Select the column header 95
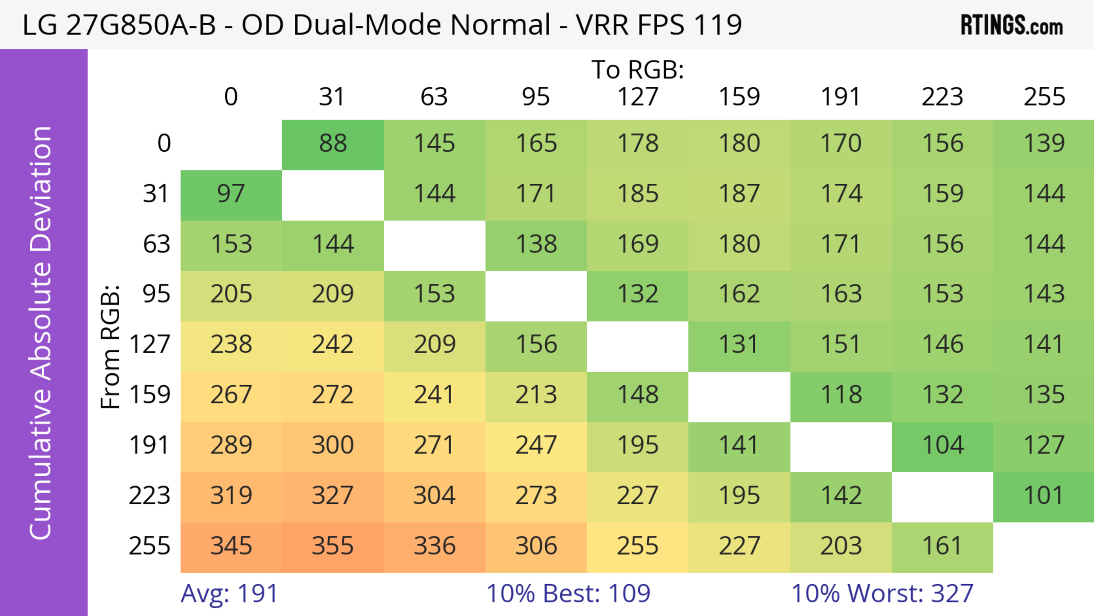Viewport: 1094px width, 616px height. point(536,97)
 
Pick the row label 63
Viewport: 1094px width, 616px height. point(156,245)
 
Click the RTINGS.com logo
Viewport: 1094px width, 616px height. point(1012,25)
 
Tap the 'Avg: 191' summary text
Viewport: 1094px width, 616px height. point(229,593)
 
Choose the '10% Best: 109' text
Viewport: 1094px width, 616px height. point(568,593)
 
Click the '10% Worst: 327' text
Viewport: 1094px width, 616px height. point(882,593)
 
